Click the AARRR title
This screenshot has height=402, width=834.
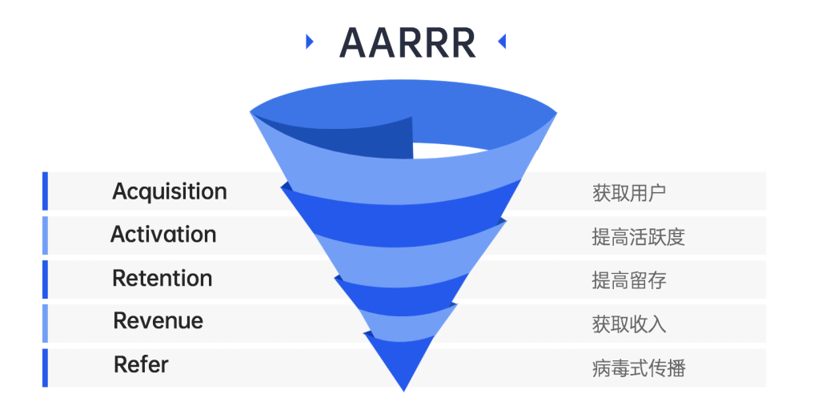tap(407, 42)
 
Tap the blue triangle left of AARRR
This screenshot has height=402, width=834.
tap(309, 42)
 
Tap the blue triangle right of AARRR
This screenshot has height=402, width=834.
tap(502, 42)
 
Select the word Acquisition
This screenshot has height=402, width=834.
tap(169, 191)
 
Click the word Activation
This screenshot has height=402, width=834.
tap(163, 235)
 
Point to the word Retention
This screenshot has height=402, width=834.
tap(162, 279)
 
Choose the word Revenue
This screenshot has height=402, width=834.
tap(158, 321)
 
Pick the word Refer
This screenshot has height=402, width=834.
tap(141, 364)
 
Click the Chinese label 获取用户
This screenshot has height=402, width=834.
tap(629, 193)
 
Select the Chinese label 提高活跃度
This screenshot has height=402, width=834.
tap(638, 237)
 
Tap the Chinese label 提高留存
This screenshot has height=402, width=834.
tap(629, 280)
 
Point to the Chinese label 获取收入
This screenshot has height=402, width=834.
tap(629, 324)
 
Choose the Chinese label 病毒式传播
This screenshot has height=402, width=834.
tap(638, 368)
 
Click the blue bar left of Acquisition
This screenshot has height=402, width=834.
tap(45, 191)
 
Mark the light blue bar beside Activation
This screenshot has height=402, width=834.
tap(45, 235)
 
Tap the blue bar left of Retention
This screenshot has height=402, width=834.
tap(45, 279)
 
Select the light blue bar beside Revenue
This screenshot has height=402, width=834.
tap(45, 324)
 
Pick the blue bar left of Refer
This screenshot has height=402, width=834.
tap(45, 368)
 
